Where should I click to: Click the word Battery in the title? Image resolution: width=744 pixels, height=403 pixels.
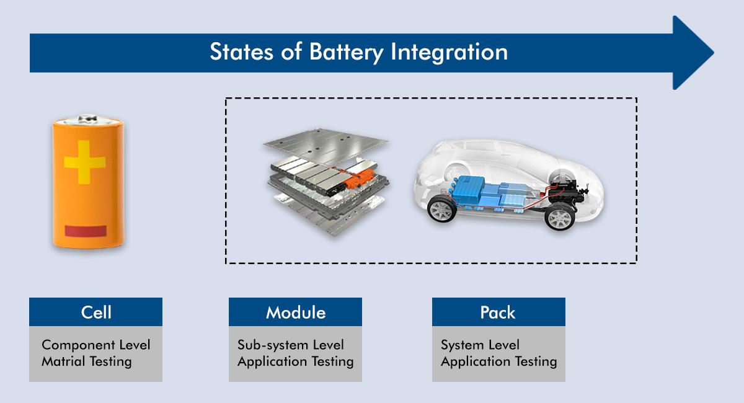tap(346, 53)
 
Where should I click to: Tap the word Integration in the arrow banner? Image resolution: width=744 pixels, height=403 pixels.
tap(449, 53)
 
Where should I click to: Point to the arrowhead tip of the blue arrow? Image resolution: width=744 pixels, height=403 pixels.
tap(714, 53)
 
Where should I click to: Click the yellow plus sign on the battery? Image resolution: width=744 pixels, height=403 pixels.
tap(85, 162)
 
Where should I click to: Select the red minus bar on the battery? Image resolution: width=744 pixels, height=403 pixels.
tap(86, 231)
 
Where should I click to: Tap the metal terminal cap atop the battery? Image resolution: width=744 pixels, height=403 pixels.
tap(87, 119)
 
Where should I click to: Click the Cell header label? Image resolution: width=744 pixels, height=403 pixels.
tap(96, 312)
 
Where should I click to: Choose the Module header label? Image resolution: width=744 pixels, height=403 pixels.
tap(296, 312)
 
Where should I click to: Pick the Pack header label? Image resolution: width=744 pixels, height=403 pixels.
tap(498, 312)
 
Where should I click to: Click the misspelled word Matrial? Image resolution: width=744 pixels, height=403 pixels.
tap(63, 361)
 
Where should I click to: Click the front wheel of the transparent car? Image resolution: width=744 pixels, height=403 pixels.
tap(441, 210)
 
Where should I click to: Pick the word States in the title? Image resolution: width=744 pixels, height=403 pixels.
tap(241, 52)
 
